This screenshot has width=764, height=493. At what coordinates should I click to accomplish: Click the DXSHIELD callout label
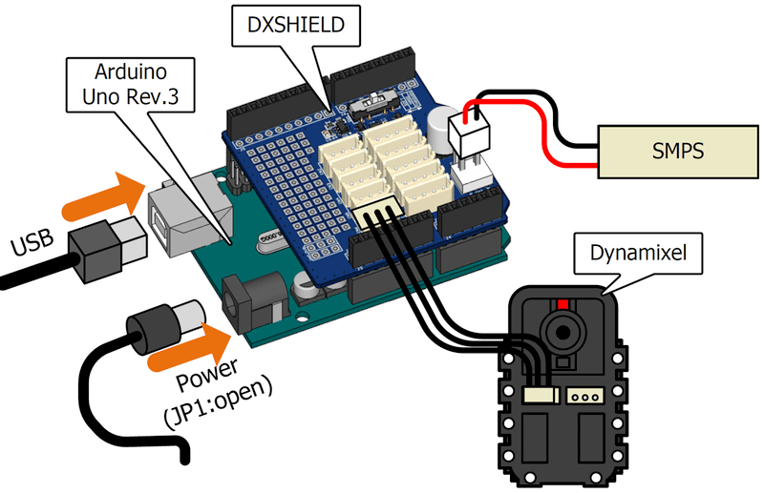296,27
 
